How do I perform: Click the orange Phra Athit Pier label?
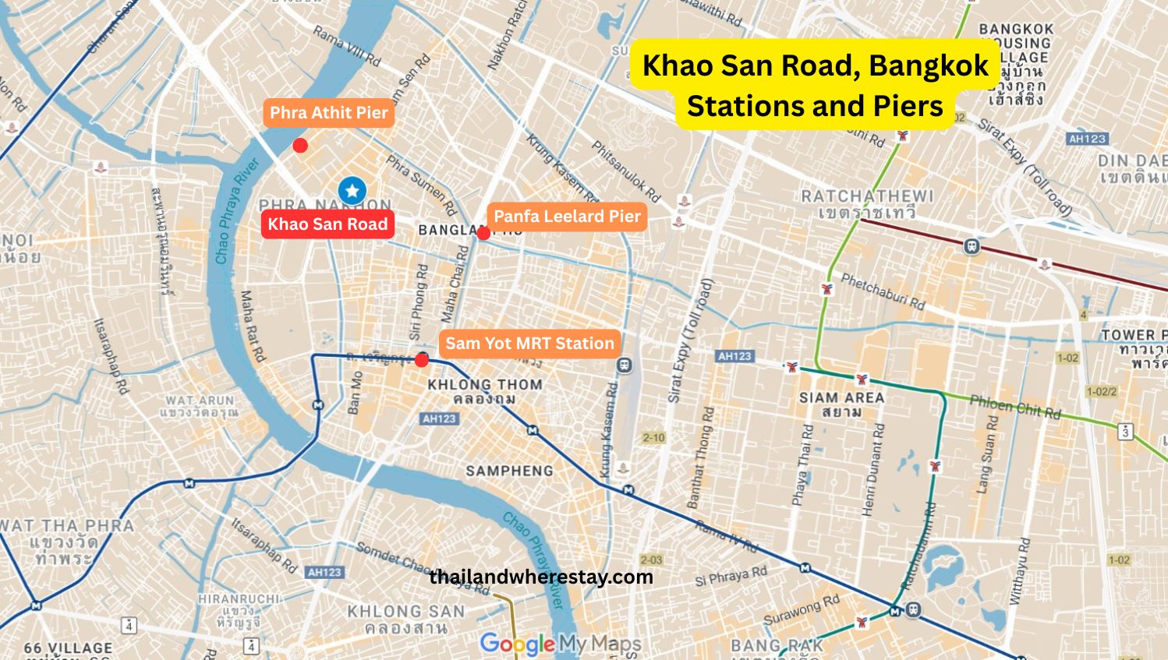coord(328,113)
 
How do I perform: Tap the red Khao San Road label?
coord(327,224)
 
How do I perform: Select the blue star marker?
coord(352,190)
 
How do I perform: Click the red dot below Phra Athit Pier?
coord(299,146)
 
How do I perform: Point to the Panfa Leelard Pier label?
coord(567,217)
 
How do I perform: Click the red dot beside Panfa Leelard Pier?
coord(483,233)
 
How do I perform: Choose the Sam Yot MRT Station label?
coord(529,344)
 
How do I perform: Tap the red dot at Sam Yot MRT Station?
coord(422,360)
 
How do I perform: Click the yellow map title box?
coord(815,85)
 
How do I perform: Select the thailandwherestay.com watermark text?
coord(541,577)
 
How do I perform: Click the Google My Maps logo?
coord(561,644)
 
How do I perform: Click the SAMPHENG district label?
coord(509,471)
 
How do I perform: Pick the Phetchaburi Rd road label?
coord(882,291)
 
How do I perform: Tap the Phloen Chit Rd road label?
coord(1014,407)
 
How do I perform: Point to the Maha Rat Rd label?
coord(252,326)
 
